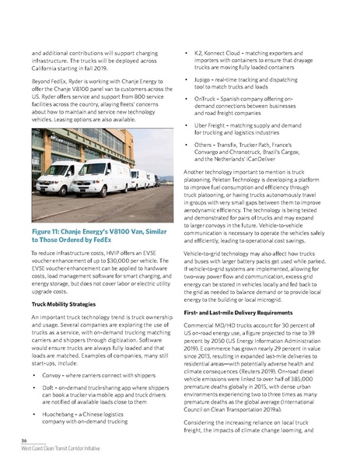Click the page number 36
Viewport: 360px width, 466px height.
coord(25,440)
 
